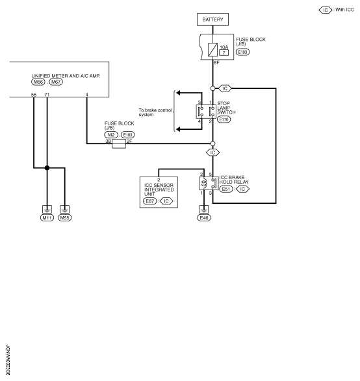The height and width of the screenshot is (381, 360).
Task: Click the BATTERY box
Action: tap(212, 19)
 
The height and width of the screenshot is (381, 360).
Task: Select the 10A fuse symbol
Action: tap(212, 49)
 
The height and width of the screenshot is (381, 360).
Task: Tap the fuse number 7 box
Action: tap(224, 53)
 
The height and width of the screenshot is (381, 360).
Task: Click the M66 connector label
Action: tap(38, 82)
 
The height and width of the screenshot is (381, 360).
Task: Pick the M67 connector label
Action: tap(56, 82)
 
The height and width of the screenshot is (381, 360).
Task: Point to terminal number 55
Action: tap(34, 95)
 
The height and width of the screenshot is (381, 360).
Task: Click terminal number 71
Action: tap(47, 95)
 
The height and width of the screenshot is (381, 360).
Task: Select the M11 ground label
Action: tap(47, 217)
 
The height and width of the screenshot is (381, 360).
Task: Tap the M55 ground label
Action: tap(65, 217)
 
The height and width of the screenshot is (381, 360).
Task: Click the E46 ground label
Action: tap(204, 217)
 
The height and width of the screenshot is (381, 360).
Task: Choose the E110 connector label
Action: tap(224, 119)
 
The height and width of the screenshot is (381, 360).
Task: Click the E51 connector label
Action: tap(226, 189)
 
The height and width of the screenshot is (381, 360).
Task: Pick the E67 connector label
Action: tap(150, 201)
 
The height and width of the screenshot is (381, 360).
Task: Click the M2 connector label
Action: tap(111, 135)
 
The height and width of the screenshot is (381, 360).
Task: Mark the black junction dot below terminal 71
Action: tap(47, 167)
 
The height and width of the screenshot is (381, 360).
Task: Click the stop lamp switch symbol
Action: tap(206, 112)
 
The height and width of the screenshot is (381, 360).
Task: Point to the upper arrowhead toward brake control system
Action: tap(178, 93)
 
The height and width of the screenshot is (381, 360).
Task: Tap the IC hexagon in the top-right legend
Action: tap(326, 10)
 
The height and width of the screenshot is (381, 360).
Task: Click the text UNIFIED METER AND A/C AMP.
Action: tap(66, 76)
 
